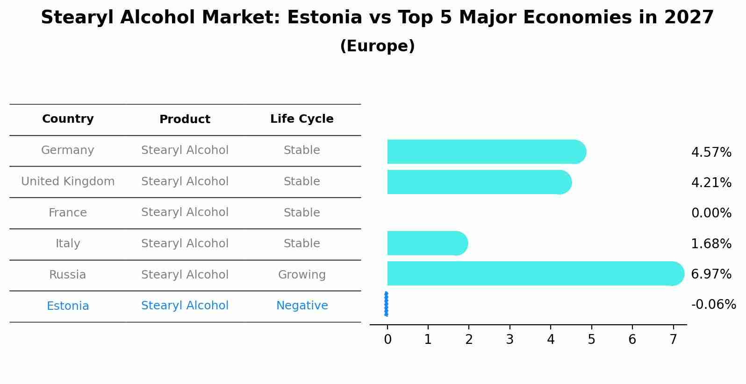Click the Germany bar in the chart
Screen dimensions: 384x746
486,152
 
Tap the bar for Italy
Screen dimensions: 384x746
427,243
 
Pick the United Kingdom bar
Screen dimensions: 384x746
479,182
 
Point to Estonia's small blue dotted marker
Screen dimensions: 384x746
386,304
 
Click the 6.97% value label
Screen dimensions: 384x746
711,274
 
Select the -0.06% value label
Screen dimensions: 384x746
713,305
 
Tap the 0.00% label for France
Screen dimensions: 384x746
711,213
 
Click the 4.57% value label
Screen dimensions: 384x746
711,153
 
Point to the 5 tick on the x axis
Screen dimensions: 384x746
591,340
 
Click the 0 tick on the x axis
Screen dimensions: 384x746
387,340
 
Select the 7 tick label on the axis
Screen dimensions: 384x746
673,340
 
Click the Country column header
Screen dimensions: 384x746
68,119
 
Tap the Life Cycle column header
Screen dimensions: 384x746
302,119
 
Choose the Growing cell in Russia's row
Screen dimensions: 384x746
302,275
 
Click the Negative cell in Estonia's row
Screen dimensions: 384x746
302,306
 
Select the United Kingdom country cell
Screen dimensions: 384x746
68,182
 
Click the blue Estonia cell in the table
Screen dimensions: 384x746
68,306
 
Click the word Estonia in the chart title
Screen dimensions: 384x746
324,18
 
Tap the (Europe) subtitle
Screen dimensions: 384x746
377,46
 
